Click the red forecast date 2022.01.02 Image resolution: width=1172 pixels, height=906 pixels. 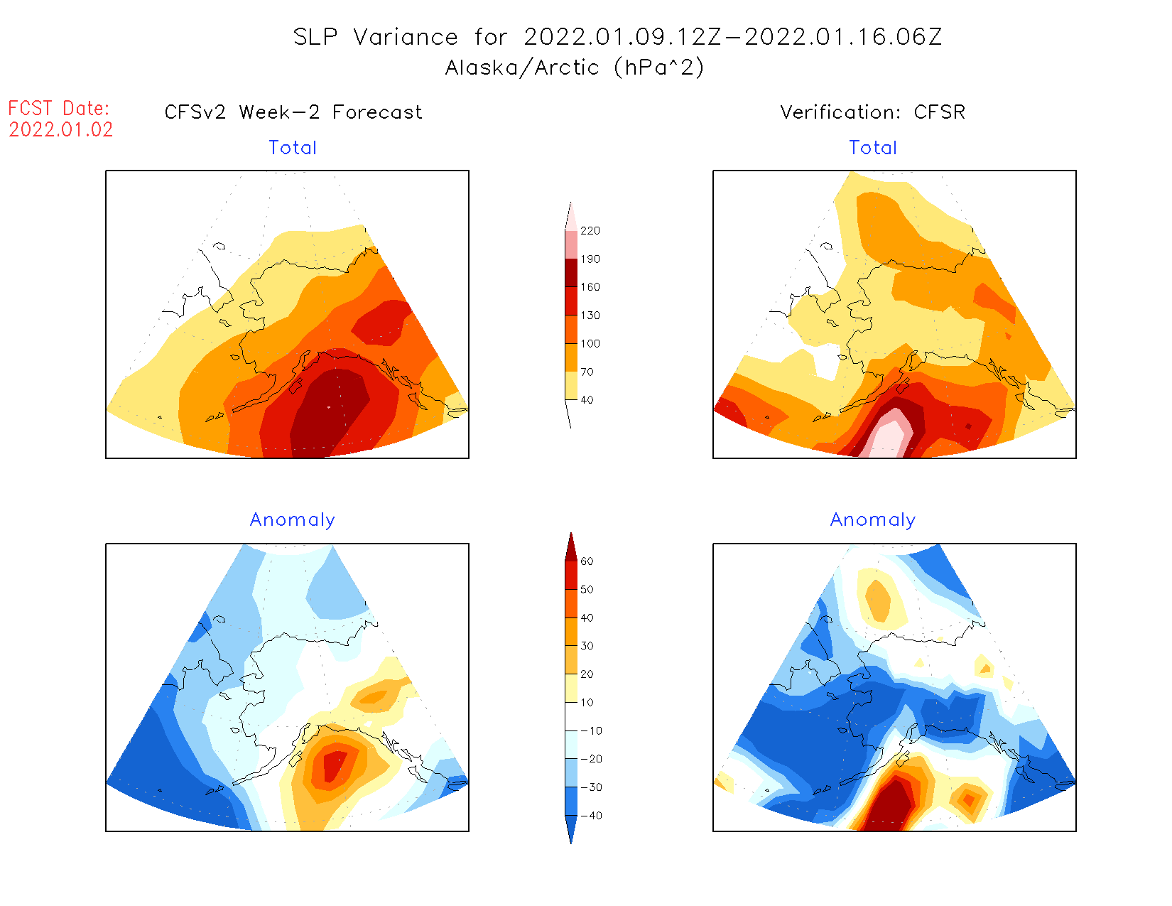[x=60, y=130]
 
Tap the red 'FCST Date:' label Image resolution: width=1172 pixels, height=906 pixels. [x=59, y=109]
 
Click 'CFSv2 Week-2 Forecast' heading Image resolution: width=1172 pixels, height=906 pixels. [x=293, y=112]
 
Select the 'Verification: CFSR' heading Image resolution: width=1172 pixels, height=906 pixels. [x=872, y=112]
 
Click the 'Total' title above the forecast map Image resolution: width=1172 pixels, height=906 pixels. [x=293, y=148]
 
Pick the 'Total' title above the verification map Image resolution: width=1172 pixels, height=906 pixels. [x=873, y=148]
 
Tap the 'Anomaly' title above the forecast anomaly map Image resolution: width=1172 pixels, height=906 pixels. [x=292, y=520]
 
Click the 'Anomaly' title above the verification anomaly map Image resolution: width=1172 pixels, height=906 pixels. [x=873, y=520]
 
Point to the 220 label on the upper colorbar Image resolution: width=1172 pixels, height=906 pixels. [x=590, y=231]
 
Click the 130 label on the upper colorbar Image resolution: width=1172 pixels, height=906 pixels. [x=590, y=316]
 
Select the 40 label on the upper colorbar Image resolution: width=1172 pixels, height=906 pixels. [x=587, y=400]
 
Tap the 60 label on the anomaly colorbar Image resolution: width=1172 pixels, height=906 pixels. [x=587, y=561]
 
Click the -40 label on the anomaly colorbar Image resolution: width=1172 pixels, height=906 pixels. [x=591, y=816]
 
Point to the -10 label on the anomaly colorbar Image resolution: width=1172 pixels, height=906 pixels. [x=591, y=730]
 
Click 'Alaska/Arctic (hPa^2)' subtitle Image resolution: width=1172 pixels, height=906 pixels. [x=575, y=68]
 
